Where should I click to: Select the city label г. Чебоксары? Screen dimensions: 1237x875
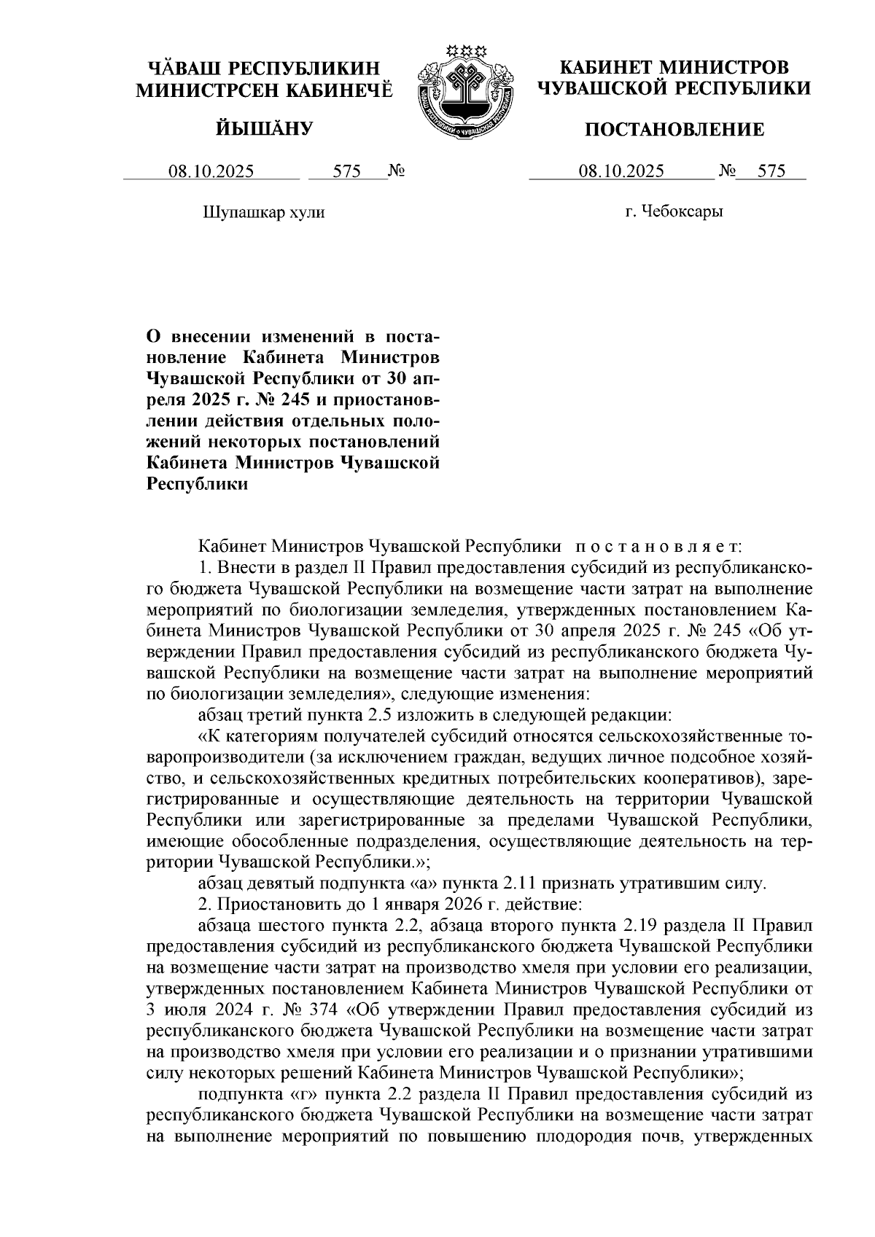(x=674, y=212)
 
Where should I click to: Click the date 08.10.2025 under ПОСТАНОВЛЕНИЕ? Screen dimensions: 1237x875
(x=621, y=172)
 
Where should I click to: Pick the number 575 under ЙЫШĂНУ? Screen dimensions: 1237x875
(x=347, y=172)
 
